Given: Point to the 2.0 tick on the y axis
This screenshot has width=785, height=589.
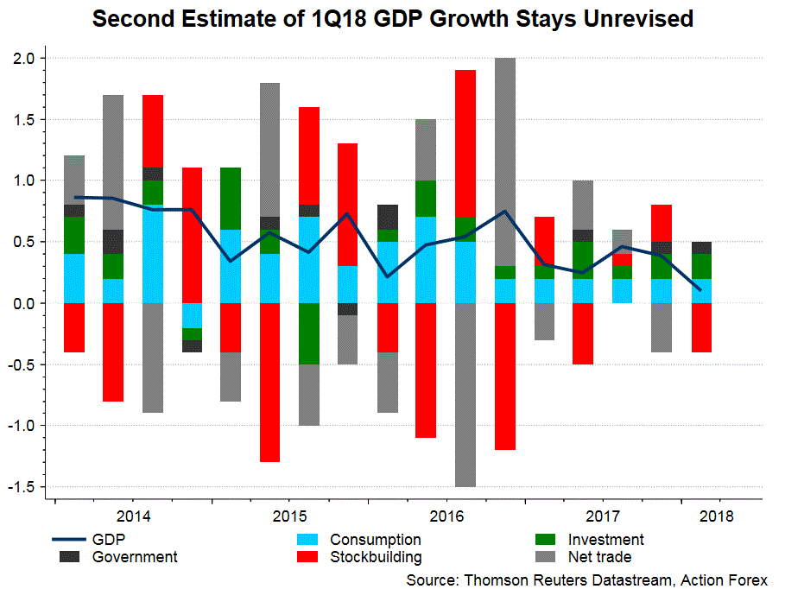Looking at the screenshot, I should pos(25,59).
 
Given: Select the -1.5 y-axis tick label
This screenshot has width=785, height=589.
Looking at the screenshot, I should pos(22,487).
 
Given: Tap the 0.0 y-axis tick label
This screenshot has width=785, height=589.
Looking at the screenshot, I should pos(25,303).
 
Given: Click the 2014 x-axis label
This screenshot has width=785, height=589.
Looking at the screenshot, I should pos(132,517).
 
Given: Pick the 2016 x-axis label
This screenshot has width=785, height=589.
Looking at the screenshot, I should pos(446,517).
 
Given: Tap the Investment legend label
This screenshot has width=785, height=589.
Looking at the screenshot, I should pos(607,541).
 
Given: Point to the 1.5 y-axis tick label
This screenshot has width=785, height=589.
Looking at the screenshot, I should pos(25,120).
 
